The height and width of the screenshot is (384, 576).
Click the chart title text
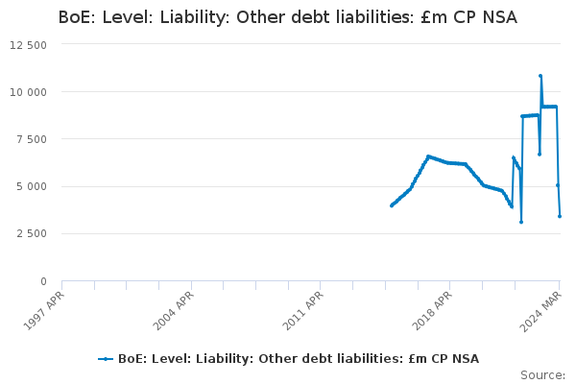click(287, 17)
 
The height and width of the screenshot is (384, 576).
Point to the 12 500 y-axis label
click(29, 45)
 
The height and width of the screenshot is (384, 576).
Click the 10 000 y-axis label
click(29, 92)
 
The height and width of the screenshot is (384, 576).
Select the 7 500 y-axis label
click(33, 139)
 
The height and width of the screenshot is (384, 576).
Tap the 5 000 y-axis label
click(33, 186)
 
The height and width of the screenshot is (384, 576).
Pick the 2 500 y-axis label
click(33, 233)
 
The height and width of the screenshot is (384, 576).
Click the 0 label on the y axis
click(43, 280)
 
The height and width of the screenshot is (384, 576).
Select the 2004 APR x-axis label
click(175, 309)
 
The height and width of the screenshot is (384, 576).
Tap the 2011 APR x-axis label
click(304, 309)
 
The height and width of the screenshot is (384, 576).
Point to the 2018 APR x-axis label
click(434, 309)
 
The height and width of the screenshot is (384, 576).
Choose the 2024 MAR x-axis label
click(543, 309)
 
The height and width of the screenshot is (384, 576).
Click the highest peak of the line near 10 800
click(540, 76)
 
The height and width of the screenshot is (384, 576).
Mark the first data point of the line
click(391, 205)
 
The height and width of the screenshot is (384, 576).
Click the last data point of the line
click(560, 216)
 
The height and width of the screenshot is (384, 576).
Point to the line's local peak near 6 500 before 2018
click(428, 156)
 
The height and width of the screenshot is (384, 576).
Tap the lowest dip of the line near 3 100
click(521, 222)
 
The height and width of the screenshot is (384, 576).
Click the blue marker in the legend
click(106, 359)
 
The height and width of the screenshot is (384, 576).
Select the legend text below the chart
click(298, 359)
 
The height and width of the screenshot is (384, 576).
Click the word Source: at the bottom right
click(542, 374)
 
